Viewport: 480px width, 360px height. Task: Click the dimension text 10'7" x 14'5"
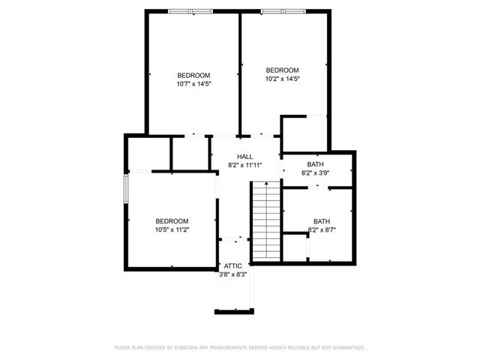point(193,84)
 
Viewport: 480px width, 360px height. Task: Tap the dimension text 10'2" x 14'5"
point(282,79)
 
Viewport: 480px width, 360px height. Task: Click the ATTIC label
point(232,265)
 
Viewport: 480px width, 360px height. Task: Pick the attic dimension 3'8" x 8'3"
point(232,274)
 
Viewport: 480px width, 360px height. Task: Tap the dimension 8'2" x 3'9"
point(315,173)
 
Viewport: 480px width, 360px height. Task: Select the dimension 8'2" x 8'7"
point(321,230)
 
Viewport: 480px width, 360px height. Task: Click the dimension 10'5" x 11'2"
point(172,229)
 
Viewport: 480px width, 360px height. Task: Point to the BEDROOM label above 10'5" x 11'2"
point(172,220)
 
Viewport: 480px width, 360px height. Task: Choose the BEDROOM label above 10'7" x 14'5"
point(193,75)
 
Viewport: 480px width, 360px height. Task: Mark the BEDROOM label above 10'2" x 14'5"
point(282,70)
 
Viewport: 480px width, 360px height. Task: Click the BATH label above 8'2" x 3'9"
point(315,164)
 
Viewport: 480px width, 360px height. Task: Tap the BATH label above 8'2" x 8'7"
point(321,221)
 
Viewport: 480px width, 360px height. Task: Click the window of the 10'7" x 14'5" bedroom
point(190,10)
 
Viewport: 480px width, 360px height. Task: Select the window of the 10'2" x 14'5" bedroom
point(283,10)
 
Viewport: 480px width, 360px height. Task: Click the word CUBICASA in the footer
point(187,347)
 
